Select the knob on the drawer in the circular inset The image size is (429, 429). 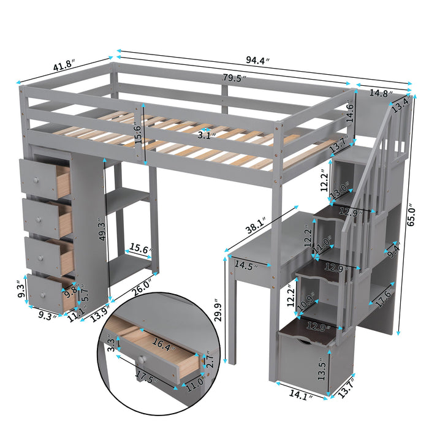coord(142,360)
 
